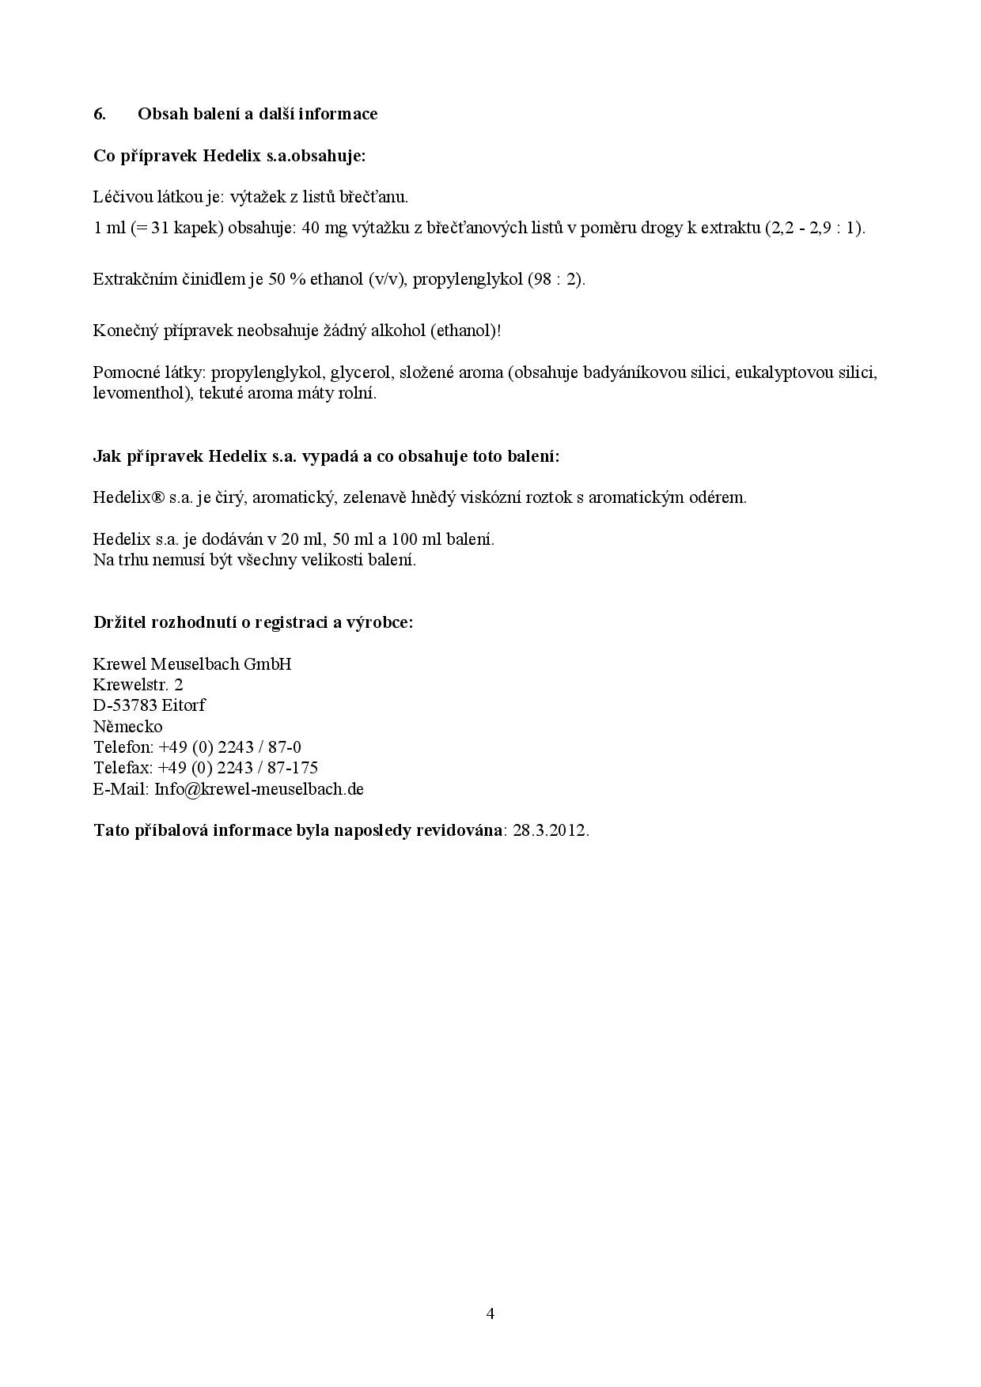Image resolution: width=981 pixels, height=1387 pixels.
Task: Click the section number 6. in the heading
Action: (100, 114)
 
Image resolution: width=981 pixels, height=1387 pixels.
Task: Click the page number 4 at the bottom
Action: (490, 1313)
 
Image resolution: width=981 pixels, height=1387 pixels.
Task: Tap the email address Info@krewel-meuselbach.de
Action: (259, 789)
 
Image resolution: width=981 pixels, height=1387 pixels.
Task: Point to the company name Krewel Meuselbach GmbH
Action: (192, 664)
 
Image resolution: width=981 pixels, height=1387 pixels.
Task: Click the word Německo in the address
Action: (128, 727)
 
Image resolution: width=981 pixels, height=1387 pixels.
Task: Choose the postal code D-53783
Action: (125, 705)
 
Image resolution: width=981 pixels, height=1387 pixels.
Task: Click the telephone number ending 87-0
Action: (229, 747)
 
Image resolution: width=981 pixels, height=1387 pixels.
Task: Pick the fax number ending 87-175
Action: (238, 768)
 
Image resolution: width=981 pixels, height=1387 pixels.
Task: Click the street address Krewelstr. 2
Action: (138, 685)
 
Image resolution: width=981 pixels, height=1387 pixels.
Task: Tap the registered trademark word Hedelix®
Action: (128, 498)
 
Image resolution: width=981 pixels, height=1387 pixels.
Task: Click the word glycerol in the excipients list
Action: (360, 373)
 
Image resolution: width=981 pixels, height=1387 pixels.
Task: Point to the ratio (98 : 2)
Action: (556, 280)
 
